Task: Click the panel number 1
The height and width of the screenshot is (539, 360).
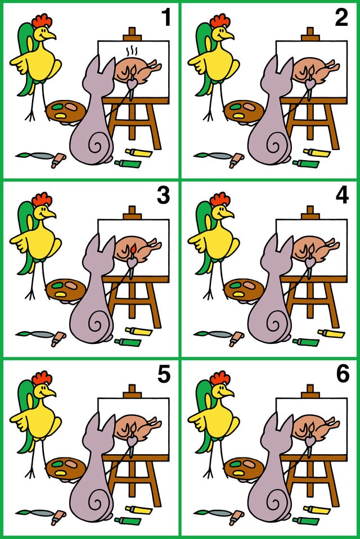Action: click(x=166, y=18)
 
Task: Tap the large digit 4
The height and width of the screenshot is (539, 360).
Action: click(x=342, y=196)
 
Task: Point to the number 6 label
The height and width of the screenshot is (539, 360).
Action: click(x=343, y=374)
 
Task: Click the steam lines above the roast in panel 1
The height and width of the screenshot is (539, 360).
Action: click(x=132, y=52)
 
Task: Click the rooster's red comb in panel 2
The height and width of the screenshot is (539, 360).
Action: click(x=220, y=21)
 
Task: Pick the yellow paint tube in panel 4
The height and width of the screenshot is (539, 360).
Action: click(x=331, y=333)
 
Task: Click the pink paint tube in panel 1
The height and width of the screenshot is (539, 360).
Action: click(x=58, y=160)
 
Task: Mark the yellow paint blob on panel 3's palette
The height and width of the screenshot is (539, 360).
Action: click(x=60, y=295)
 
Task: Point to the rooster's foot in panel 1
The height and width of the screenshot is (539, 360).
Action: click(x=30, y=116)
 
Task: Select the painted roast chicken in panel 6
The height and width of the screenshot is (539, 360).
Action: click(x=315, y=424)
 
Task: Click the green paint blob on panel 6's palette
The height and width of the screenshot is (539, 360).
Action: click(x=236, y=464)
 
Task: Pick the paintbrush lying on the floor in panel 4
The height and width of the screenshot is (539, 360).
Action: click(x=213, y=333)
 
